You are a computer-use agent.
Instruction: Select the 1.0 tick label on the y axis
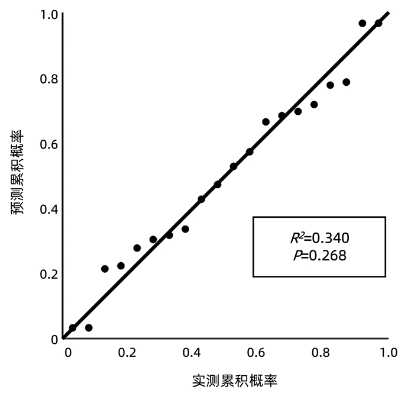47,14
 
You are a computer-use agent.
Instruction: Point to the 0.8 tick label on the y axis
47,79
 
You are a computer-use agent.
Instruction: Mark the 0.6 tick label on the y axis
47,144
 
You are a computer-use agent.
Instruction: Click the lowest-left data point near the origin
73,327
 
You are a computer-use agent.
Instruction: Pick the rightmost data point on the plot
379,23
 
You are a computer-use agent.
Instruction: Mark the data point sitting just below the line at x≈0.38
185,229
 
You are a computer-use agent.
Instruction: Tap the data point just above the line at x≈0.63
266,122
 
